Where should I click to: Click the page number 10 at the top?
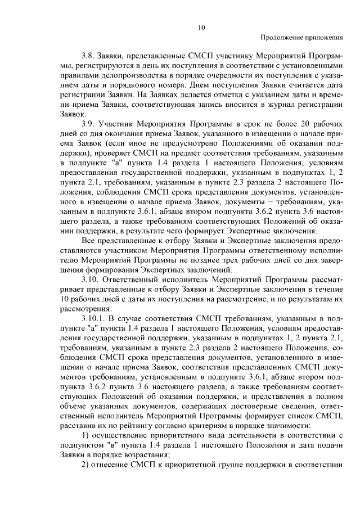pyautogui.click(x=202, y=26)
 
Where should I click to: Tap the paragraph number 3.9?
pyautogui.click(x=88, y=123)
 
